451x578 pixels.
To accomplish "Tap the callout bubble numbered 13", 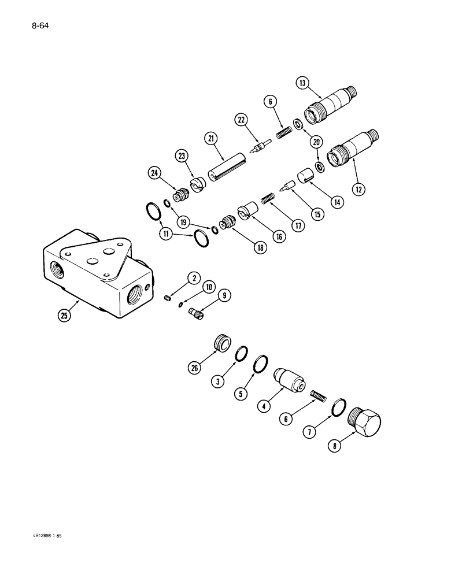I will pyautogui.click(x=302, y=83).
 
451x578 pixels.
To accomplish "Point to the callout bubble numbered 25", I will pyautogui.click(x=64, y=316).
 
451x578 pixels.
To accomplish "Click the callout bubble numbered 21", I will pyautogui.click(x=209, y=139).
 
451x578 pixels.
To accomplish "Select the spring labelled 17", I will pyautogui.click(x=267, y=199).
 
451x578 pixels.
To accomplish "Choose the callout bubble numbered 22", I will pyautogui.click(x=242, y=120).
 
